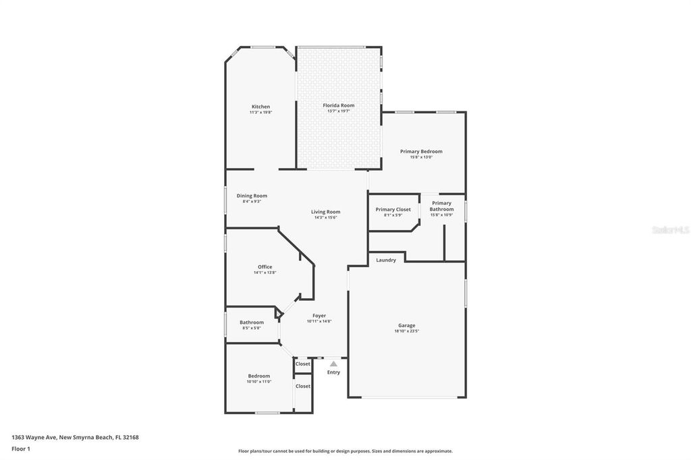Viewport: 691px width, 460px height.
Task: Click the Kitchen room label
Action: tap(260, 107)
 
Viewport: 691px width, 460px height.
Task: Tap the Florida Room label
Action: tap(338, 105)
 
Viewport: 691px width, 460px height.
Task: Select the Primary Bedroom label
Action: tap(421, 151)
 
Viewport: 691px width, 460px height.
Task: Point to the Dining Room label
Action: tap(251, 196)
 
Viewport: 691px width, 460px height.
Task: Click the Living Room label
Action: tap(325, 212)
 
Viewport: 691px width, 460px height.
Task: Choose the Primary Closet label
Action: tap(393, 209)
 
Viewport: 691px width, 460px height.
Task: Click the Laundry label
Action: tap(386, 260)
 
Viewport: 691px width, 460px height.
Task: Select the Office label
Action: tap(265, 266)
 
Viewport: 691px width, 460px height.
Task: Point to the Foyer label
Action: tap(319, 316)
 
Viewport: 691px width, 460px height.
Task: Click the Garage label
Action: tap(406, 325)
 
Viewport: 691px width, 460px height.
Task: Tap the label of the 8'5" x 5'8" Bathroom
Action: tap(252, 322)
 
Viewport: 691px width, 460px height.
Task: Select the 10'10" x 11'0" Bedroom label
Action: tap(258, 376)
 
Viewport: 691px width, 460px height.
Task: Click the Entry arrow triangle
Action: tap(333, 364)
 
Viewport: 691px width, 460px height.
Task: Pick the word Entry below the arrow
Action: tap(333, 372)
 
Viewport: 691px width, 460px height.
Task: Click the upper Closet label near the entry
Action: tap(303, 364)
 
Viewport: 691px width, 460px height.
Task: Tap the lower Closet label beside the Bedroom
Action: tap(303, 386)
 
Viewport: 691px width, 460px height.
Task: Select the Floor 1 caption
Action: tap(21, 449)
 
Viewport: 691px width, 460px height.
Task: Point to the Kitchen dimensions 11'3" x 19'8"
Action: tap(260, 113)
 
